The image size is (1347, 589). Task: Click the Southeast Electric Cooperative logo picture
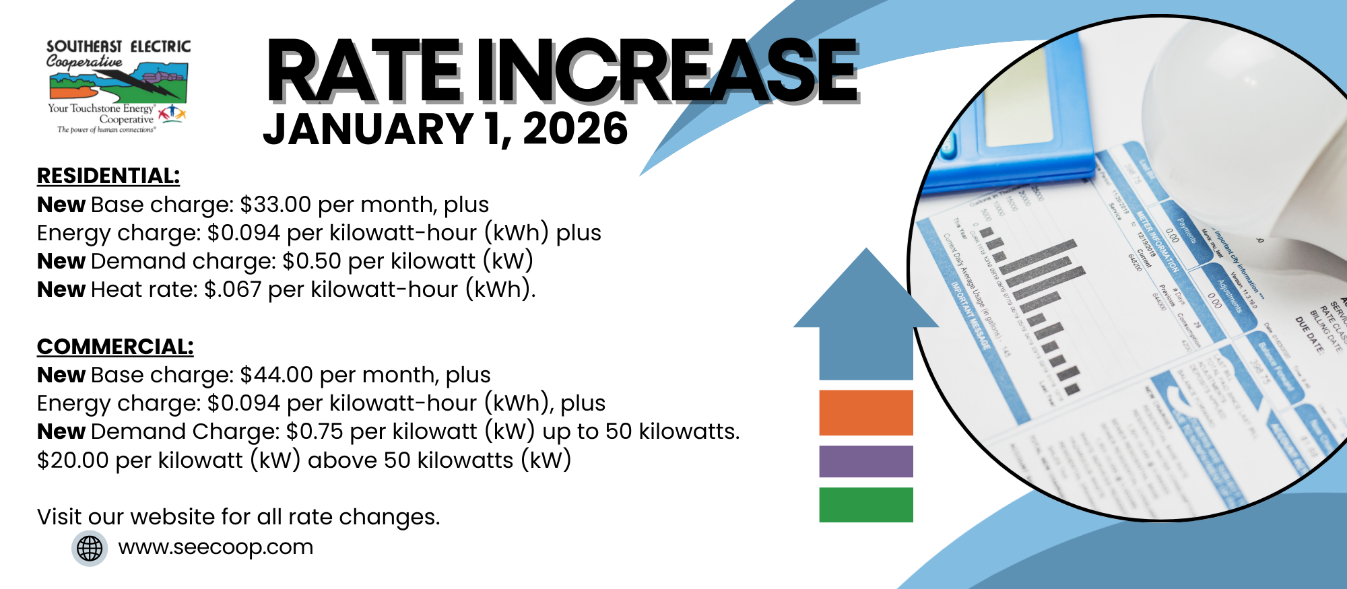(119, 85)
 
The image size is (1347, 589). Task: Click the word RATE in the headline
(364, 71)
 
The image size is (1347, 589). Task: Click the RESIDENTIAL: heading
(108, 176)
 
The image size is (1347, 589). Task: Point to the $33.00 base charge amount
(275, 205)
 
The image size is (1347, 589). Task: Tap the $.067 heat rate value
(232, 289)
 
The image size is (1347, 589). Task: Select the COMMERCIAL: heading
(115, 347)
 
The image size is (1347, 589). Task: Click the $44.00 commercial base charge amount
(276, 375)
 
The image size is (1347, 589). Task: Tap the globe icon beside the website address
(90, 548)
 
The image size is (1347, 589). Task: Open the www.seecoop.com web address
(216, 547)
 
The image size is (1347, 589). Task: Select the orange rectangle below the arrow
(866, 413)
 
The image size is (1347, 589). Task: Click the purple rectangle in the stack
(866, 462)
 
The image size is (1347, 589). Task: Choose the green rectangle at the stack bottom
(866, 505)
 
